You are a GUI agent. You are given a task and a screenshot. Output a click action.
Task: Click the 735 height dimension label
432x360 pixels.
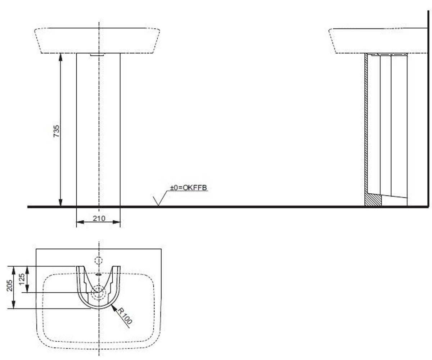click(56, 131)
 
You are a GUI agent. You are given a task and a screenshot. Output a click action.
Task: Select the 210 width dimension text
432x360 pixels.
click(99, 218)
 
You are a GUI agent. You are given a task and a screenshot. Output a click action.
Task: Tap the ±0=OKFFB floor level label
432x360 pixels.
click(188, 188)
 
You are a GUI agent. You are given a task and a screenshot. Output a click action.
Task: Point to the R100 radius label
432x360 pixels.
click(124, 316)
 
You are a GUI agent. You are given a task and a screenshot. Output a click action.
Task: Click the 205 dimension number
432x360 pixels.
click(10, 286)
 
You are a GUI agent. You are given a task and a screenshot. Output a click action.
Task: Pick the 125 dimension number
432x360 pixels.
click(22, 279)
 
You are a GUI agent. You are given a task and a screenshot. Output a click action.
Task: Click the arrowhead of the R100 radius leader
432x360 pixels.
click(114, 308)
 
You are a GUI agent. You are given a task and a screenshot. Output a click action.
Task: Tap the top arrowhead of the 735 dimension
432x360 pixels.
click(60, 57)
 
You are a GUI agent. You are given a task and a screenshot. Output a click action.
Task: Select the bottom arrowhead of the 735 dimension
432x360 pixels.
click(60, 203)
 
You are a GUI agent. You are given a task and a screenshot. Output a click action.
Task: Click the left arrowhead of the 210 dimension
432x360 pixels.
click(80, 222)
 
